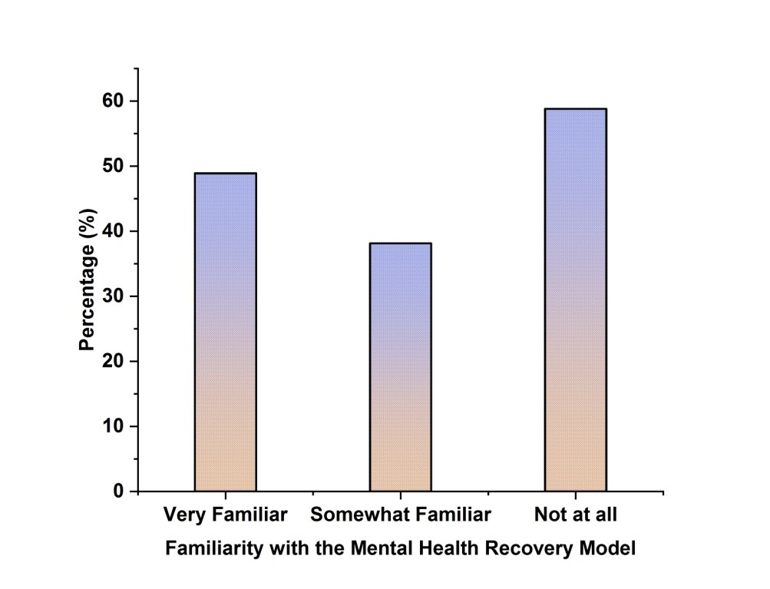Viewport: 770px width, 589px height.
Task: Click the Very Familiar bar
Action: point(225,332)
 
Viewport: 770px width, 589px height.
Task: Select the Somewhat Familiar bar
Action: point(400,367)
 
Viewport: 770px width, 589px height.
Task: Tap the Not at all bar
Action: point(575,299)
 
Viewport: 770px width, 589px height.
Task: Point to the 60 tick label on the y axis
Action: point(114,101)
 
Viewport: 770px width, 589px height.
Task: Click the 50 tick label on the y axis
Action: point(114,167)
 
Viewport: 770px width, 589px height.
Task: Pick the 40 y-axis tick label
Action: point(114,231)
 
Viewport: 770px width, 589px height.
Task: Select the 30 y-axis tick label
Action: point(114,296)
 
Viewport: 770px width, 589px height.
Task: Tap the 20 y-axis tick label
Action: point(114,362)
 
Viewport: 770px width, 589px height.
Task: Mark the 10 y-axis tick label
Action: point(114,426)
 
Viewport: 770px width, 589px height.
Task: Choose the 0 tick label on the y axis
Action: point(119,491)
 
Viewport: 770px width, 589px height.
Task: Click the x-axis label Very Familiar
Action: point(225,515)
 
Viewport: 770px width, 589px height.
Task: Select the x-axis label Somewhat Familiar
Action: point(400,515)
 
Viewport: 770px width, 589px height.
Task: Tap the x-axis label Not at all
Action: point(575,515)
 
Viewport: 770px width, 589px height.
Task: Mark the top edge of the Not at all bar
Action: point(575,109)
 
